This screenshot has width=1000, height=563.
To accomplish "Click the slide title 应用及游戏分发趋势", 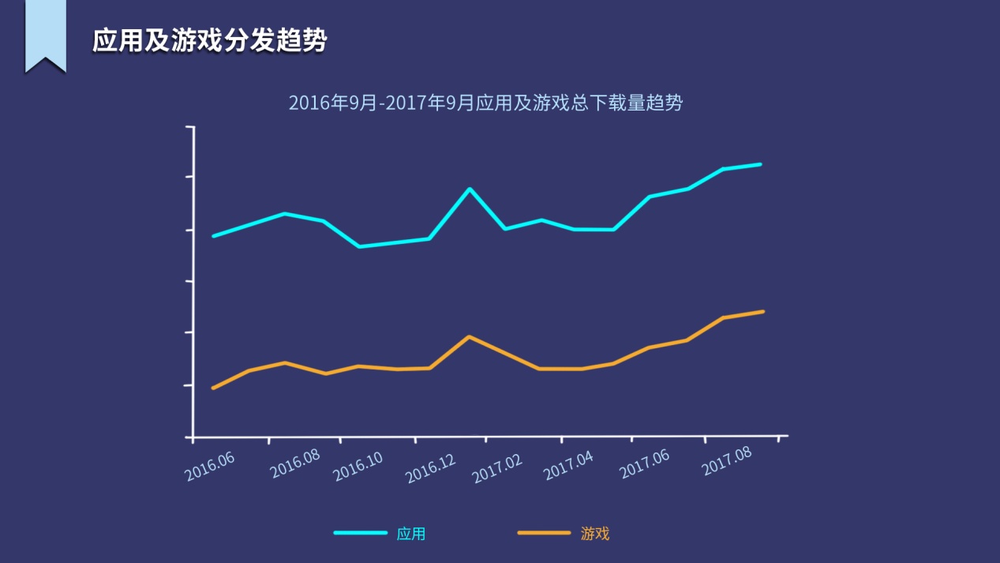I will pos(209,40).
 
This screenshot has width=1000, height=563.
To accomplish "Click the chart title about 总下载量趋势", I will pos(485,103).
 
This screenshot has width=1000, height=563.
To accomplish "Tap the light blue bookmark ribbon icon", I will pos(45,35).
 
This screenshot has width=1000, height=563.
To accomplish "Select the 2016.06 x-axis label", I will pos(210,467).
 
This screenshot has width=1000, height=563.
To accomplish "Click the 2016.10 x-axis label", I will pos(358,467).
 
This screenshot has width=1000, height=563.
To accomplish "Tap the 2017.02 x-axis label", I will pos(497,468).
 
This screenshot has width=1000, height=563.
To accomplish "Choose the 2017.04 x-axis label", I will pos(569,466).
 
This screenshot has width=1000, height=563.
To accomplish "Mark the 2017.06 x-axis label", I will pos(644,464).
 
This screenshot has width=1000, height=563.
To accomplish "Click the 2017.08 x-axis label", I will pos(726,462).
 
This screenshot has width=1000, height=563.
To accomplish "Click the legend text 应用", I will pos(411,534).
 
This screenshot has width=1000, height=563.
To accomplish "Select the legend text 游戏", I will pos(595,534).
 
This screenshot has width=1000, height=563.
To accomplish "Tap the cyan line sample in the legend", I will pos(360,533).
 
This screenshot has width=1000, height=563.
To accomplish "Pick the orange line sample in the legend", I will pos(544,533).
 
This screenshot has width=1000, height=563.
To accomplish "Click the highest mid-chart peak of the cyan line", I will pos(470,189).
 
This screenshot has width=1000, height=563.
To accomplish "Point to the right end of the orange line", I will pos(762,312).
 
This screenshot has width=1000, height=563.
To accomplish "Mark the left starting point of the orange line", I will pos(213,388).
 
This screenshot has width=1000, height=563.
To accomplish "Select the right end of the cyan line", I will pos(760,164).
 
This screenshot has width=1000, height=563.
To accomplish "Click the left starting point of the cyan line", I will pos(213,235).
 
